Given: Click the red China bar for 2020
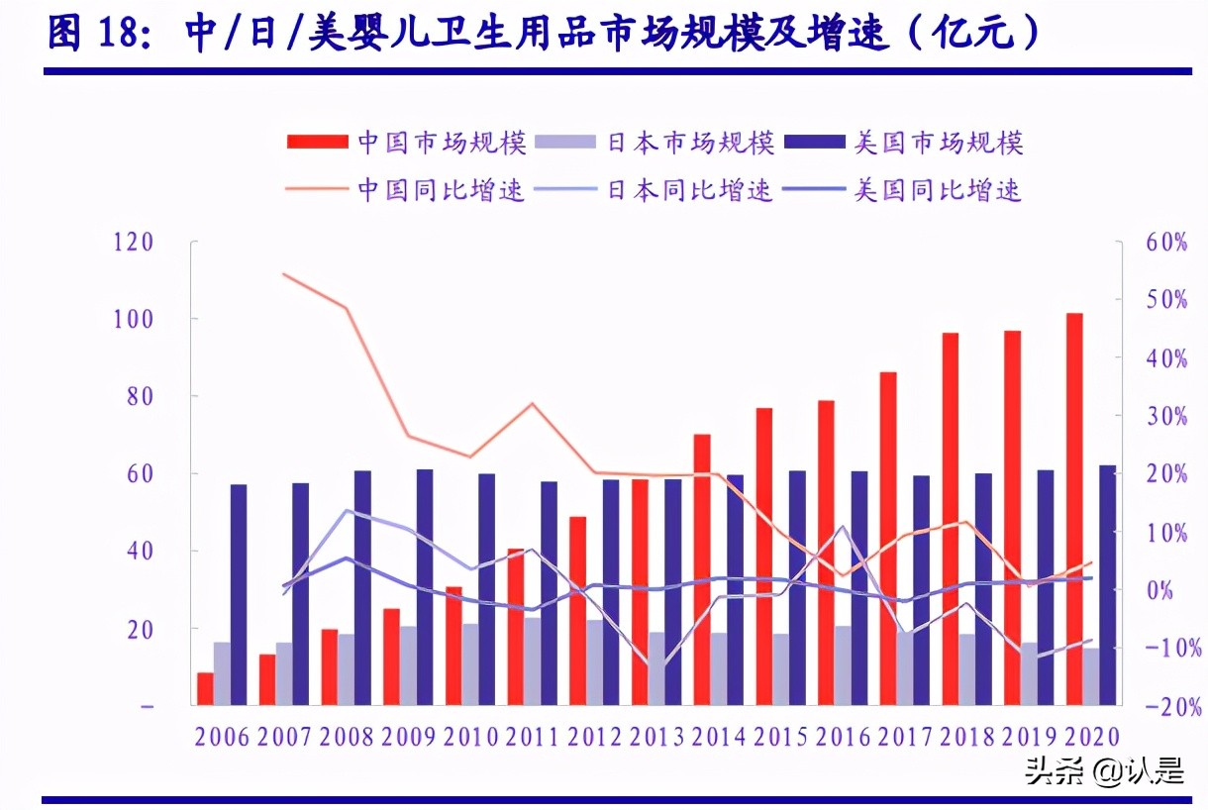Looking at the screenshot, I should coord(1074,509).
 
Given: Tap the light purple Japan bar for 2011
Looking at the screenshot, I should coord(533,660).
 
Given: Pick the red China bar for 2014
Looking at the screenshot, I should coord(702,569).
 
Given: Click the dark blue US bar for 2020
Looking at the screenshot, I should coord(1107,584).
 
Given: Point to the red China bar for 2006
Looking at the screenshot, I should coord(205,688).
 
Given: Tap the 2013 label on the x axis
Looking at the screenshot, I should coord(656,738).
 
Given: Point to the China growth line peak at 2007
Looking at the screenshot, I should coord(284,273).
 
